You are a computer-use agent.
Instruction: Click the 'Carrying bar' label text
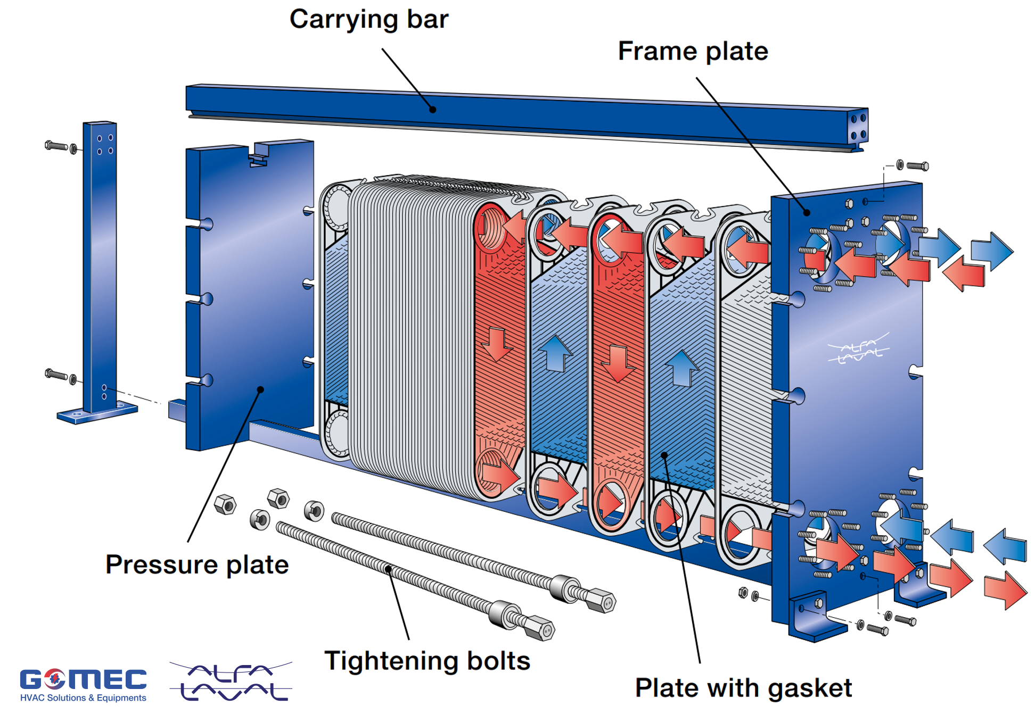coord(369,20)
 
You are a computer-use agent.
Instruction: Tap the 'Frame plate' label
coord(693,52)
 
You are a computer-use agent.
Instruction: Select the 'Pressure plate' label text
coord(197,564)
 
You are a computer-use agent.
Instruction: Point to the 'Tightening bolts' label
coord(428,661)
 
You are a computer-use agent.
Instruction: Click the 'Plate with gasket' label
coord(743,688)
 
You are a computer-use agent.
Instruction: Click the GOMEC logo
coord(83,679)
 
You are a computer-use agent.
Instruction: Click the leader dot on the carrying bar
coord(433,110)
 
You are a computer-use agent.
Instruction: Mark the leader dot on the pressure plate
coord(260,389)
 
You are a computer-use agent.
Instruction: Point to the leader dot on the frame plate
coord(807,213)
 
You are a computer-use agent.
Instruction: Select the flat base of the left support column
coord(97,414)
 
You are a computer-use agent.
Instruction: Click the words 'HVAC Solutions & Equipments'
coord(83,698)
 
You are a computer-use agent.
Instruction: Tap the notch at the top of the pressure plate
coord(259,154)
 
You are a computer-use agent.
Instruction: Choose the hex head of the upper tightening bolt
coord(602,601)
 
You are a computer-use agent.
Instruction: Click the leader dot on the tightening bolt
coord(389,569)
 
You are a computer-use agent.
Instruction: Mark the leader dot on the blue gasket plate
coord(664,455)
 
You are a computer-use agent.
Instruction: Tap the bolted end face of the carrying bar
coord(858,127)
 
